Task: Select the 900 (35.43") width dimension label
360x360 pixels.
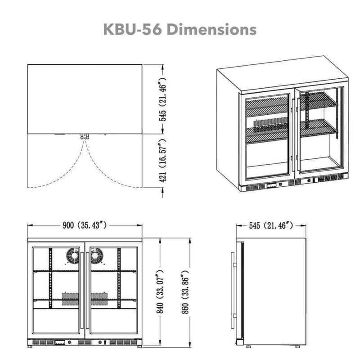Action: (85, 225)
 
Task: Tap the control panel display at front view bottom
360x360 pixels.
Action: (59, 343)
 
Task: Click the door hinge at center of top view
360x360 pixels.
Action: (85, 136)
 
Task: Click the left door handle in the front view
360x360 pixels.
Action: (82, 292)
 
